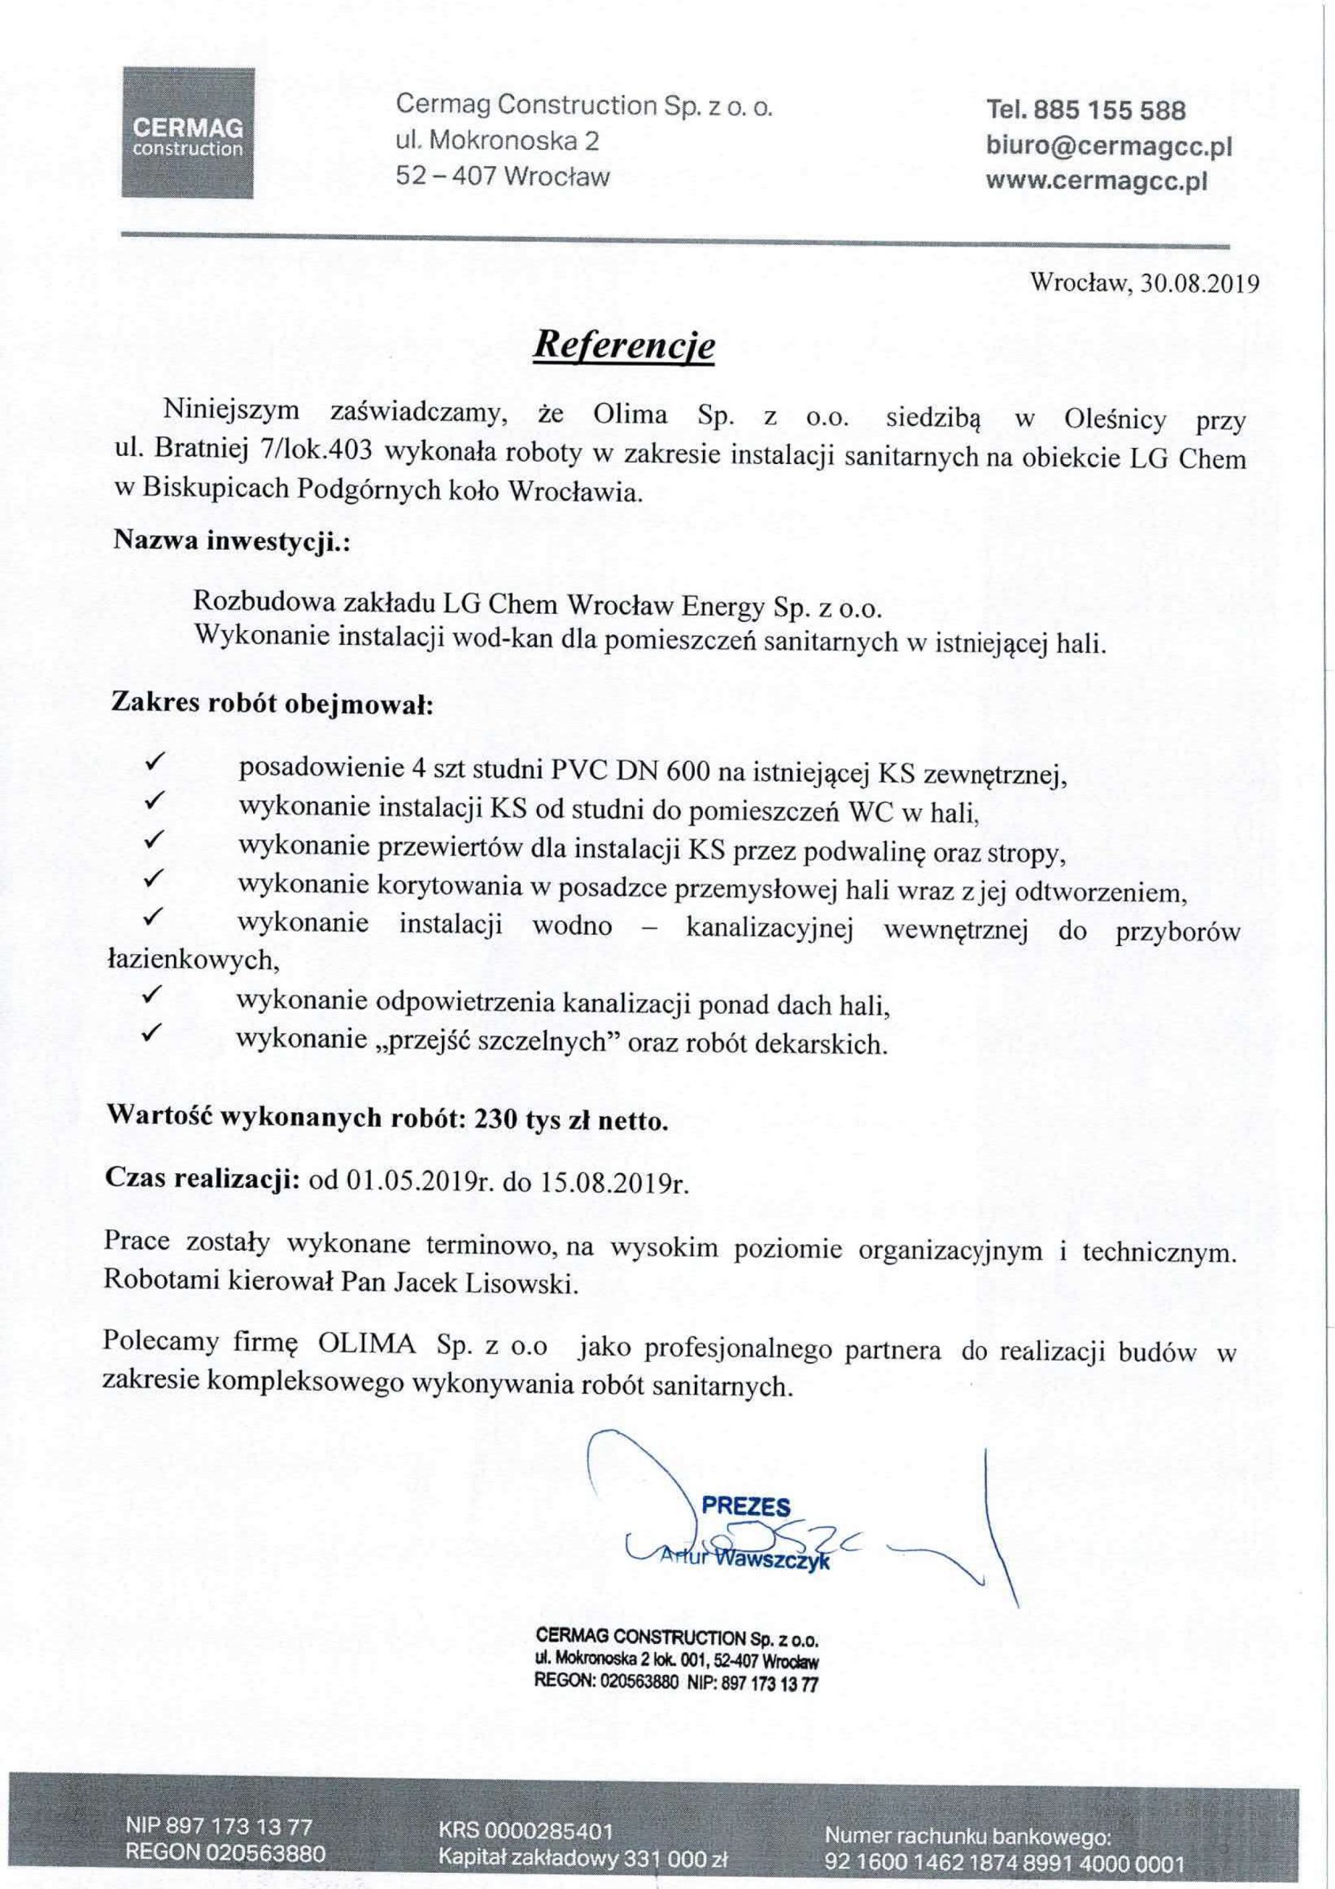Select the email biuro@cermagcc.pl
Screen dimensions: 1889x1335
click(1109, 145)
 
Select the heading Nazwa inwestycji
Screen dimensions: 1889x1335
click(231, 541)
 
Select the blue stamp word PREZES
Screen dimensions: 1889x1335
click(745, 1507)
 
